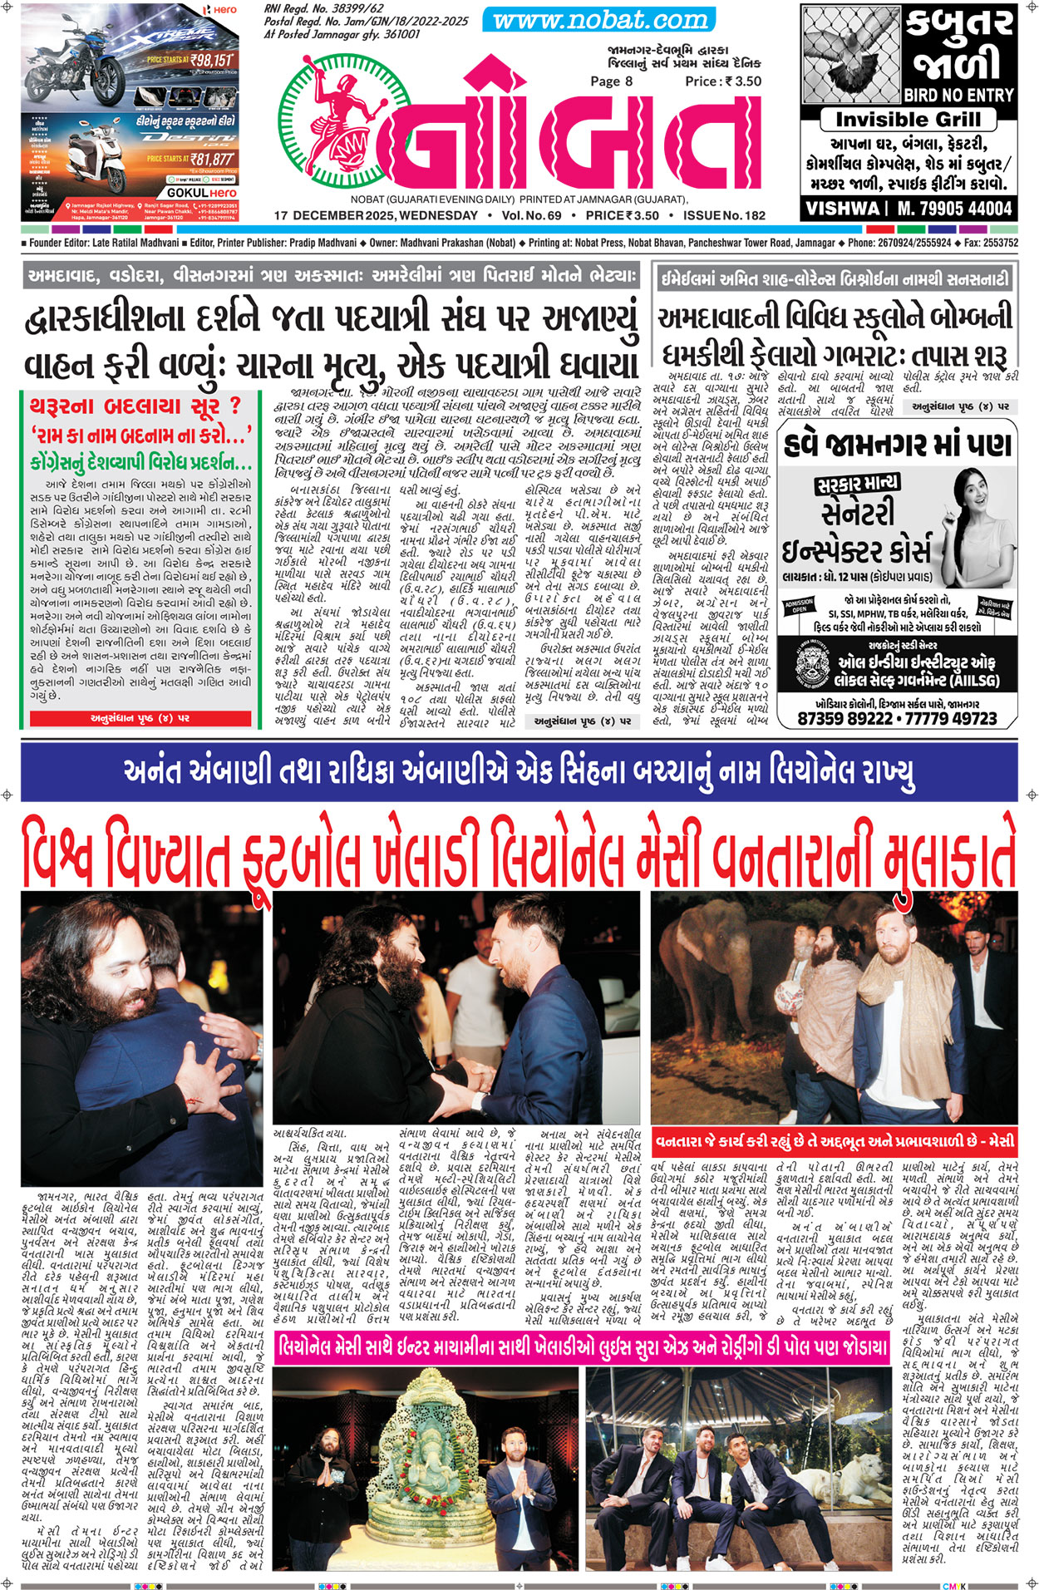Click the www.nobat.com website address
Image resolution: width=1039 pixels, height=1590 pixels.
596,20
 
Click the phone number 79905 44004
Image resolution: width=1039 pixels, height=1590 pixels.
955,208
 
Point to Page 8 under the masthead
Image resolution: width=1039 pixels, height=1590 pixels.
611,81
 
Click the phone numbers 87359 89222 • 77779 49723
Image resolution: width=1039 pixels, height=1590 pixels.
897,718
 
